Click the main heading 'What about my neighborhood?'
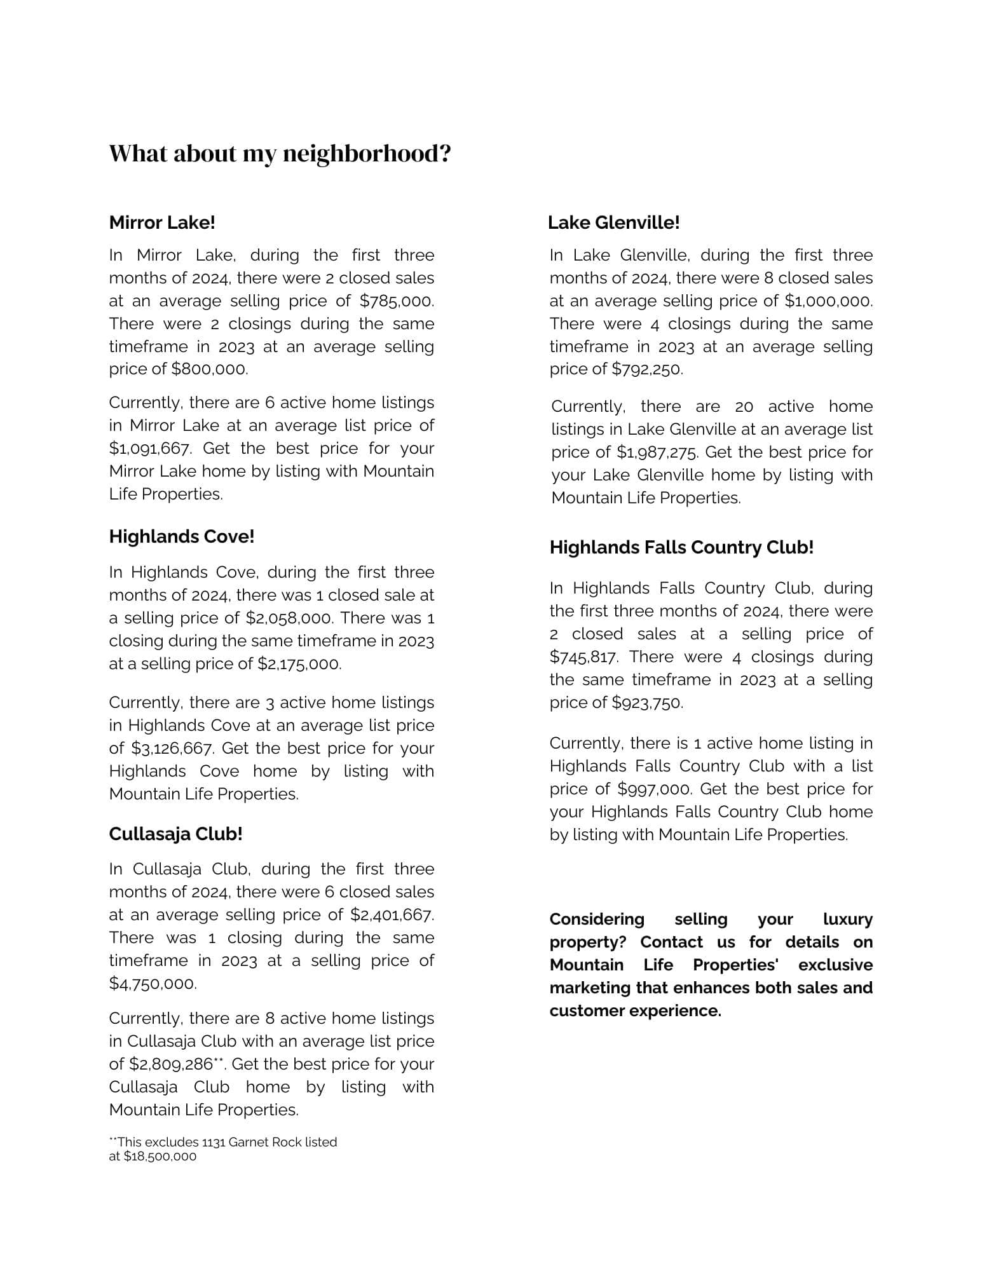click(280, 154)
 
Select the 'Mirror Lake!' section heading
click(162, 222)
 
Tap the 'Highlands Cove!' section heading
click(182, 536)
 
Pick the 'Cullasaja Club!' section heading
click(175, 834)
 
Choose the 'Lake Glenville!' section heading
click(614, 222)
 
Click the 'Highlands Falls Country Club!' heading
click(681, 547)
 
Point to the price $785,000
click(397, 301)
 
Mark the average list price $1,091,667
click(149, 449)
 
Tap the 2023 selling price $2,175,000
click(299, 664)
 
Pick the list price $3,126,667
click(172, 749)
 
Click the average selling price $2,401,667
click(392, 915)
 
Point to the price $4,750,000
click(153, 984)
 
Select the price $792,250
click(647, 369)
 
